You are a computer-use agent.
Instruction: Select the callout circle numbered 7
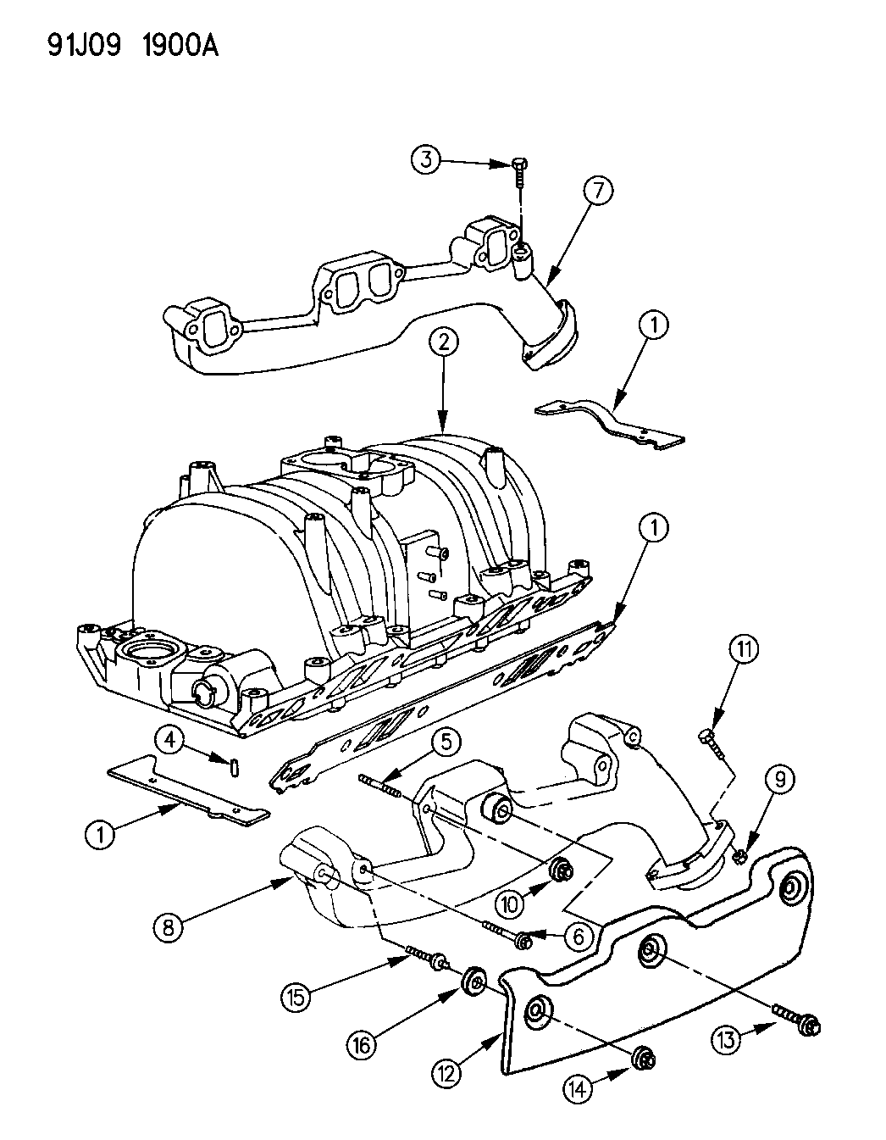pos(596,192)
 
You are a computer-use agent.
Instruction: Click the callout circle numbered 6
pos(579,937)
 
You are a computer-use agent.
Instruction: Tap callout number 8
pos(169,928)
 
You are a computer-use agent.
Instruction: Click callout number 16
pos(362,1046)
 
